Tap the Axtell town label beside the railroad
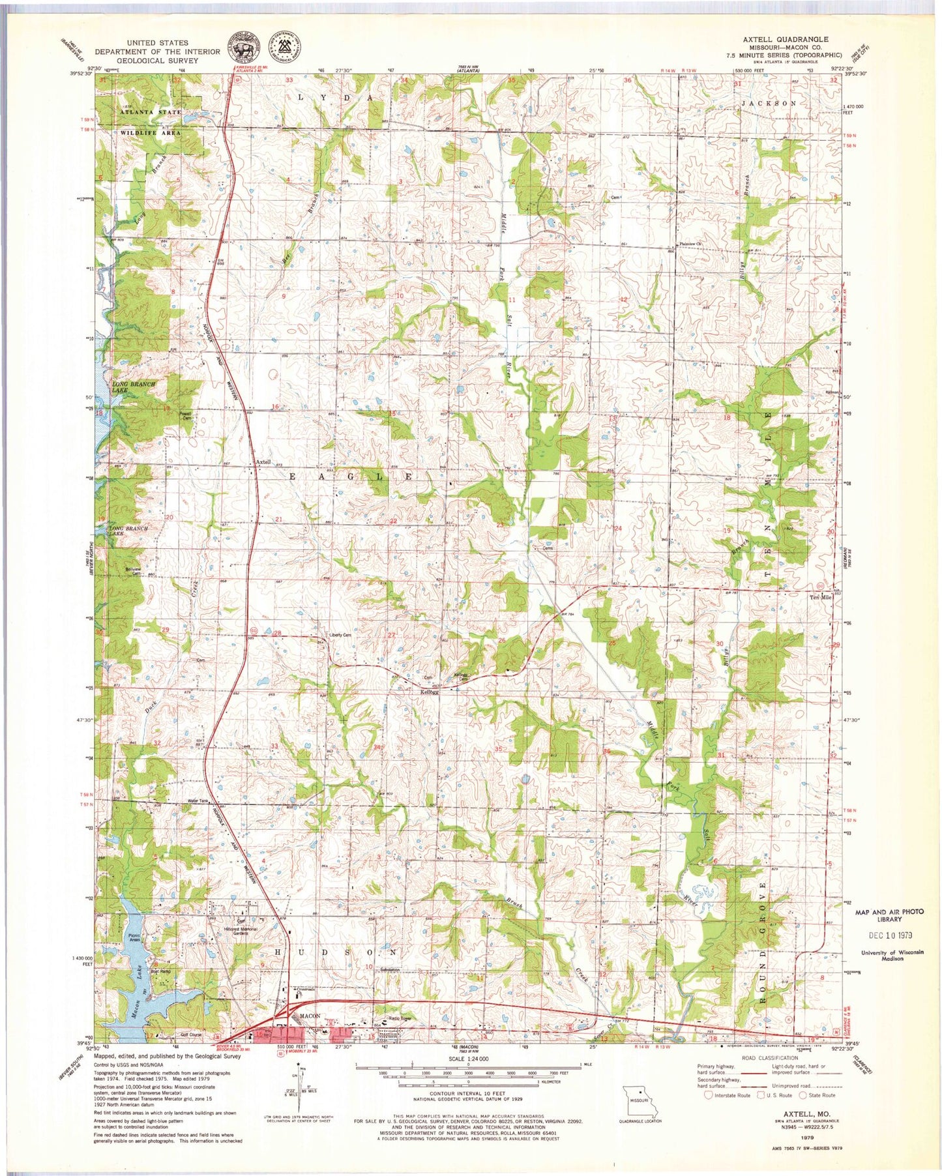[263, 462]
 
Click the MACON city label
[310, 1016]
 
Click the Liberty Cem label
[340, 635]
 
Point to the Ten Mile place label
[821, 597]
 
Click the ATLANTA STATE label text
[150, 112]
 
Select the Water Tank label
[198, 801]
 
